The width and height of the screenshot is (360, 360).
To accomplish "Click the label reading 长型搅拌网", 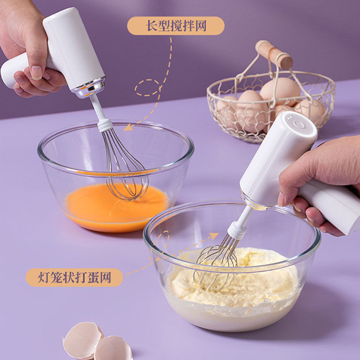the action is [176, 26].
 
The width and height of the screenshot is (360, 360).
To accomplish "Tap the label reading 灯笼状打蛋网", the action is [74, 277].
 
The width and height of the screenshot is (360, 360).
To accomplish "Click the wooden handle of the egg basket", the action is [274, 54].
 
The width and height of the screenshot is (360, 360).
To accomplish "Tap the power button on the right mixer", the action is [299, 124].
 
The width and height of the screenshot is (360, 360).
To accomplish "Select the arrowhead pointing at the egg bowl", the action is [128, 127].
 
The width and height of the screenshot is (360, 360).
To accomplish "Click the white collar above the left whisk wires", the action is [105, 126].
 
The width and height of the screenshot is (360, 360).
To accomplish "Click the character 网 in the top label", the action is [201, 26].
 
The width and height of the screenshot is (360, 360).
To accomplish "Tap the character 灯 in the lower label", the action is [44, 277].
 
